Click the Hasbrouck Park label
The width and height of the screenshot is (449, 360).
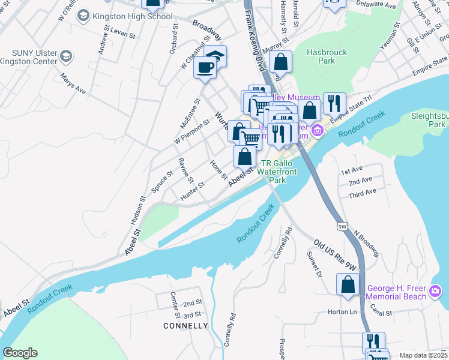click(x=327, y=56)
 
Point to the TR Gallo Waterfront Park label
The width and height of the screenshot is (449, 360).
click(x=277, y=172)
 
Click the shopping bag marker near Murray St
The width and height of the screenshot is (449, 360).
click(x=280, y=61)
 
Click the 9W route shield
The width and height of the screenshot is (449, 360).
click(x=342, y=226)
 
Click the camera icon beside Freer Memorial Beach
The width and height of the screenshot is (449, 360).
click(x=436, y=293)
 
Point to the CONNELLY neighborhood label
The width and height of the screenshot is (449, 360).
click(x=185, y=326)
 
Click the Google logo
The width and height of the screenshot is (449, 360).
click(x=20, y=353)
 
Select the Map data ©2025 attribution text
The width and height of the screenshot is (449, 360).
click(x=423, y=355)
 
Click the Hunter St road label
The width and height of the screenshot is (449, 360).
click(x=193, y=188)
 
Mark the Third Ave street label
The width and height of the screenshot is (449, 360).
click(x=362, y=191)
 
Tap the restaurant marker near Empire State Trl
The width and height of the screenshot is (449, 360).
click(x=334, y=103)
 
